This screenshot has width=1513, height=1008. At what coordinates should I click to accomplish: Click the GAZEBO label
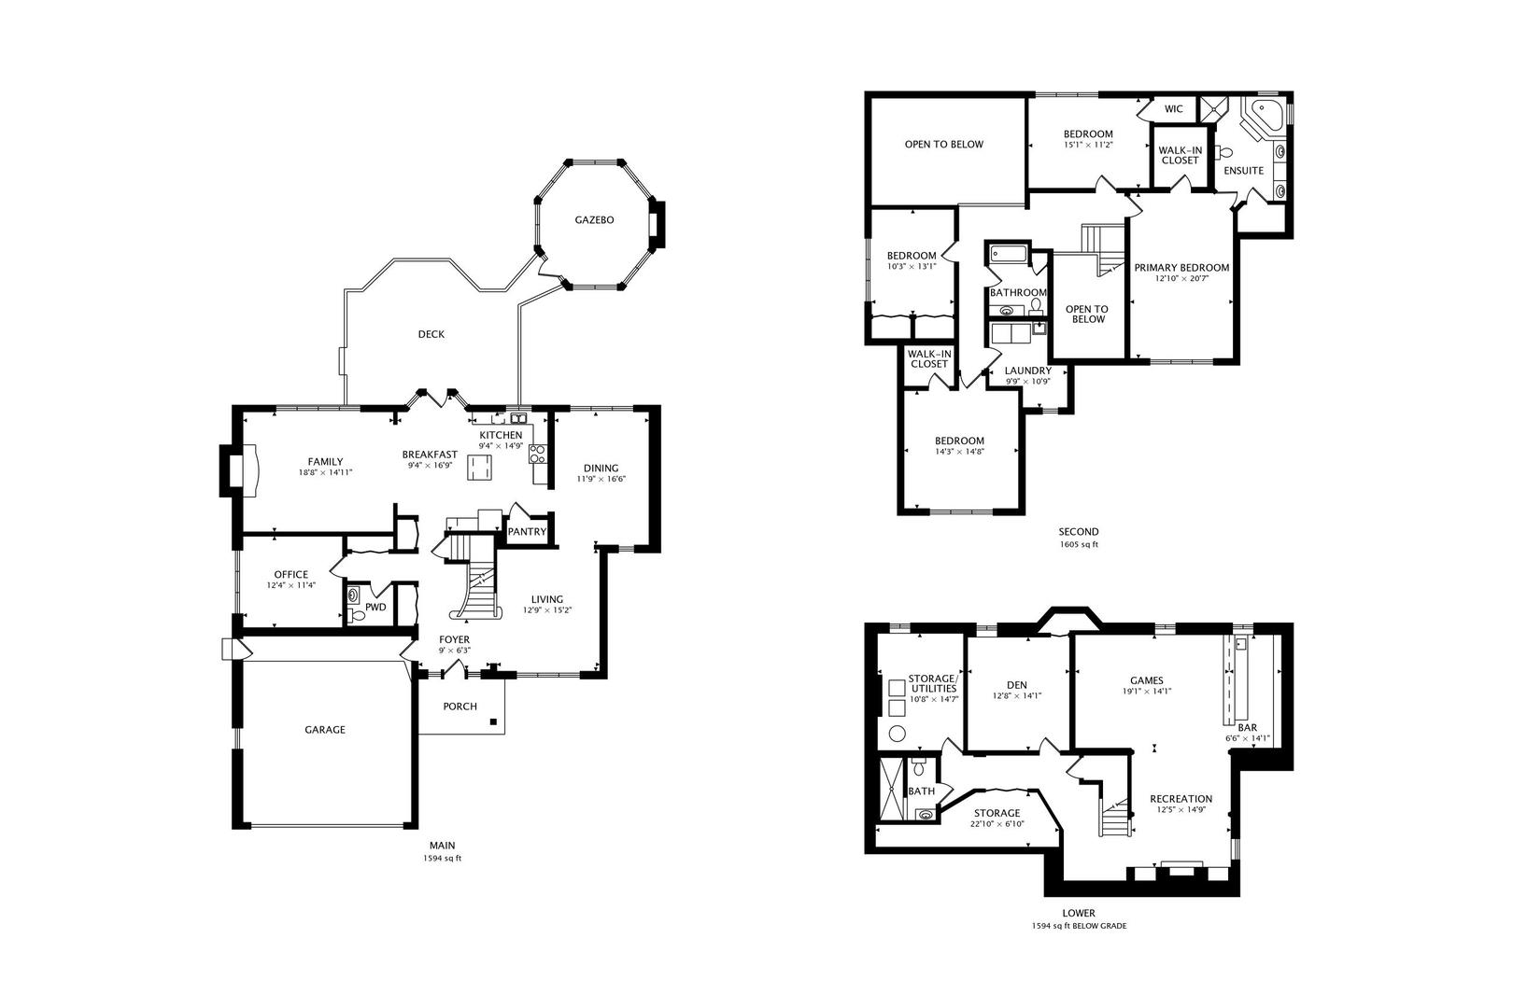pos(594,220)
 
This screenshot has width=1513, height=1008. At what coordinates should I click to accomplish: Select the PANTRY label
pos(527,532)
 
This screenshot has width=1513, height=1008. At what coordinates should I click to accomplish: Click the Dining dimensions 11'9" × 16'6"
pos(601,480)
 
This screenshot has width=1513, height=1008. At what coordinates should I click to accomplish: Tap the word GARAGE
pos(325,730)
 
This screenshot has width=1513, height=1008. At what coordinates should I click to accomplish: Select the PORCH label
pos(460,707)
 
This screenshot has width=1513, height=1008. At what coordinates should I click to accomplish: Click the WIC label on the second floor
pos(1174,109)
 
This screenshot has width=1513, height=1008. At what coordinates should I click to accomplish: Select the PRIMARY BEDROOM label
pos(1181,268)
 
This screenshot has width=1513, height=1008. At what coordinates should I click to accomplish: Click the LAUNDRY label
pos(1027,371)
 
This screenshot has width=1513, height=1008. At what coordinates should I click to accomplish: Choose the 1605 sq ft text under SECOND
pos(1079,545)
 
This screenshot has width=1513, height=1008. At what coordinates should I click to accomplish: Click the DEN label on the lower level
pos(1017,684)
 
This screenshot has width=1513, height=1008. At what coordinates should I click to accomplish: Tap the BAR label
pos(1247,727)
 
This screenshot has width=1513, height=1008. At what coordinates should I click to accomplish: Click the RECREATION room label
pos(1181,799)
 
